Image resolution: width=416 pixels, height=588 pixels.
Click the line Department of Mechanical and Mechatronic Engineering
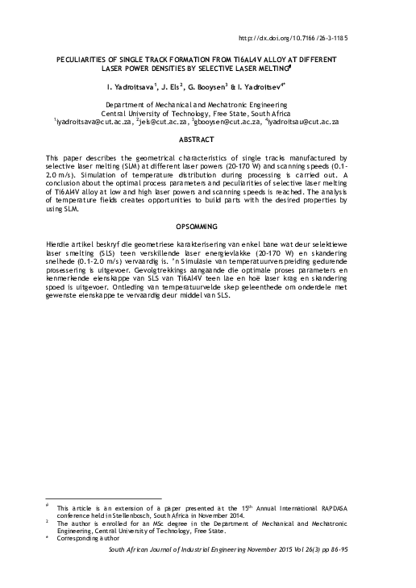pos(208,104)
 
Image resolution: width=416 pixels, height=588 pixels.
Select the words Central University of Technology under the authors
pos(171,113)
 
